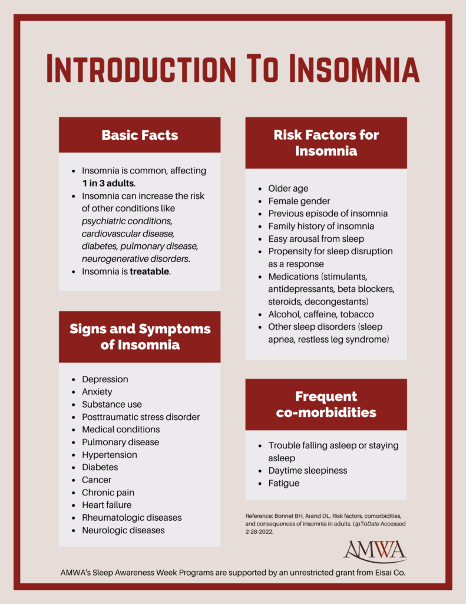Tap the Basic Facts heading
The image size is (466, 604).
point(140,135)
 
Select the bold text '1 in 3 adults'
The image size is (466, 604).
point(108,183)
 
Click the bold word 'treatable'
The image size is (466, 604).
point(150,272)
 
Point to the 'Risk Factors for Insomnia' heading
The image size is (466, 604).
point(326,143)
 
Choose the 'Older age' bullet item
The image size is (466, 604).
point(288,189)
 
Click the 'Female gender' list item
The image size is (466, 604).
point(299,201)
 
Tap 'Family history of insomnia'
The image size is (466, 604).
point(321,226)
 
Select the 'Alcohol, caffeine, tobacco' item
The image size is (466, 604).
point(321,314)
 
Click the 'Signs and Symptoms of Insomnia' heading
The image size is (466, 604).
point(140,337)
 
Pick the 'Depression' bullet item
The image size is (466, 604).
point(105,379)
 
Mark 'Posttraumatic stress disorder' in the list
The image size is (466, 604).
point(141,417)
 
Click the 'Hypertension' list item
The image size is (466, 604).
point(110,455)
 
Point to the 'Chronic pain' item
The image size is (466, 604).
point(108,493)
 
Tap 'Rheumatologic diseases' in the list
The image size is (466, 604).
point(132,517)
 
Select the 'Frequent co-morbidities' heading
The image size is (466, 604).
point(326,405)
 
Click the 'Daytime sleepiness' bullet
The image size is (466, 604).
point(308,471)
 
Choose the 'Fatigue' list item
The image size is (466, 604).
point(283,483)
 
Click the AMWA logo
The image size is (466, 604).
point(375,551)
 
